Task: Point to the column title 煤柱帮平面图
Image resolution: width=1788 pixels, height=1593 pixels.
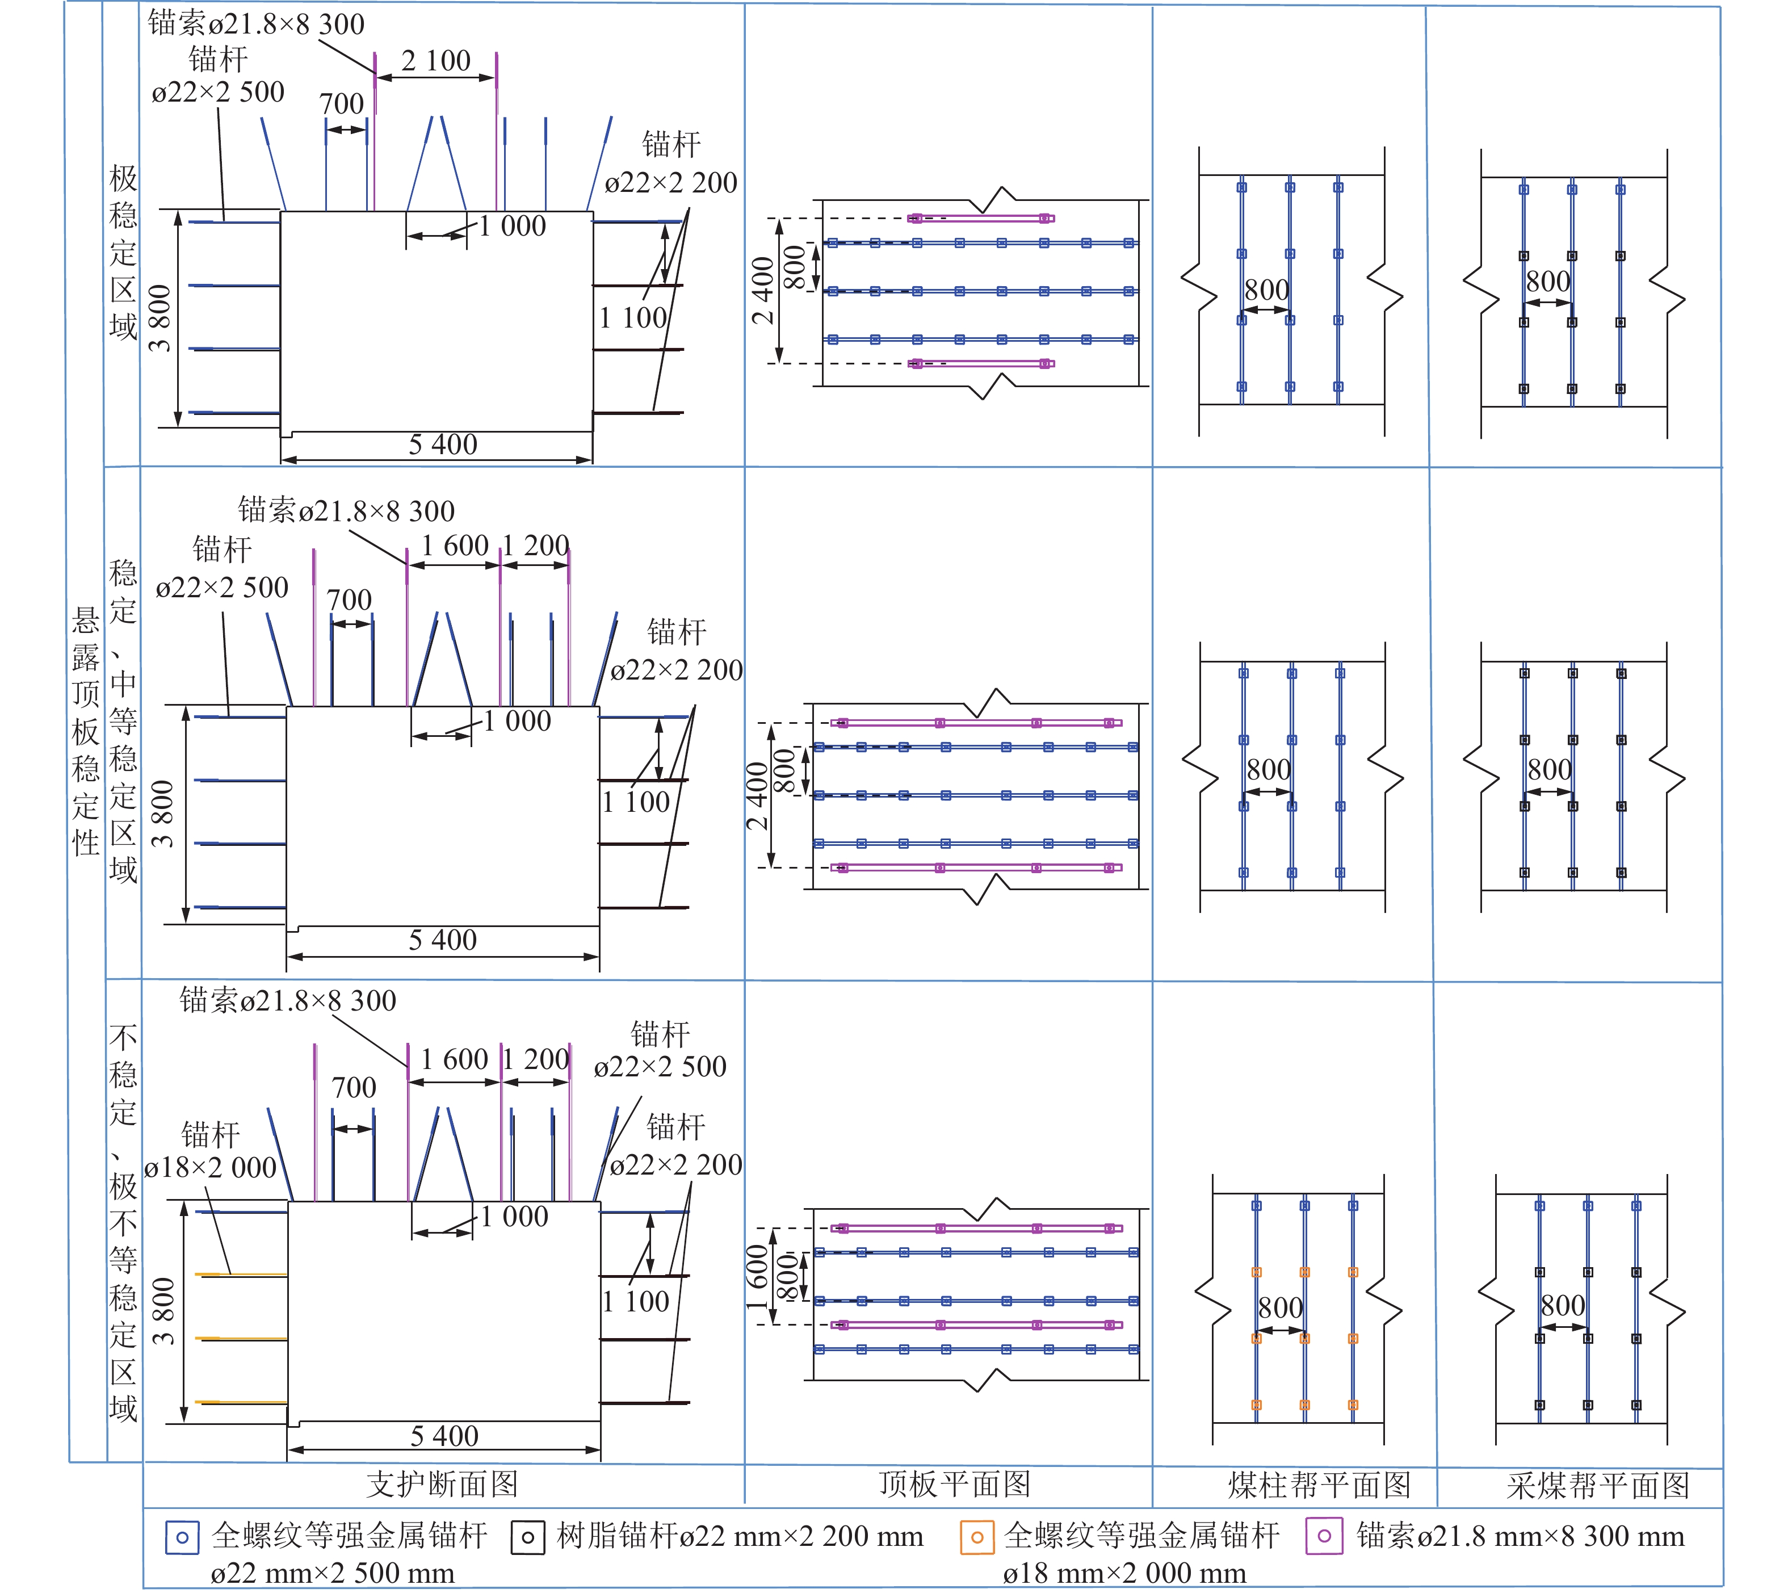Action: click(x=1319, y=1485)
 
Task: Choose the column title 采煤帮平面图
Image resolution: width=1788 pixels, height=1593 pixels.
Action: click(x=1598, y=1485)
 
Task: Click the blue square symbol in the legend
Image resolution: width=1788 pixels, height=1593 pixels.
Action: click(x=182, y=1537)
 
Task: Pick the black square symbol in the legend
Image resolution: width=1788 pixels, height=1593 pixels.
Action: click(x=528, y=1537)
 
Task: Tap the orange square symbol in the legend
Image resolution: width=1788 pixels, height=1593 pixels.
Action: click(x=977, y=1537)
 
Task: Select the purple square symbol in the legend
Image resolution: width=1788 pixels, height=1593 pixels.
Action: click(x=1324, y=1536)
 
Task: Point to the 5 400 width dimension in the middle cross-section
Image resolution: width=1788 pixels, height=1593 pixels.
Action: click(x=443, y=940)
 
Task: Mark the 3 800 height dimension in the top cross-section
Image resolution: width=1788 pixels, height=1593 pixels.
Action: click(x=160, y=318)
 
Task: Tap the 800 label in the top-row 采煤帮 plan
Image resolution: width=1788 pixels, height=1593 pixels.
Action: click(x=1548, y=281)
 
